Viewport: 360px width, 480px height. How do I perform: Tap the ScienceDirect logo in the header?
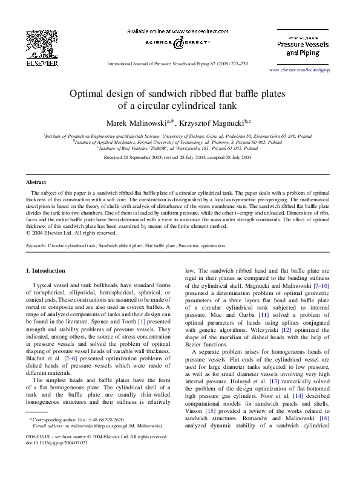179,42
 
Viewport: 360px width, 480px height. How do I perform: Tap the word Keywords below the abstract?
37,247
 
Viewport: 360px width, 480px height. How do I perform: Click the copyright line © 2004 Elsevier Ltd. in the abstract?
71,232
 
